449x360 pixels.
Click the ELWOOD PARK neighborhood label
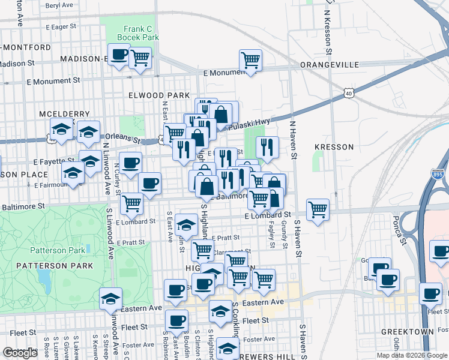point(151,95)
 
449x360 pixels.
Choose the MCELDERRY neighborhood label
point(64,114)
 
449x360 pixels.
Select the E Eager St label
point(61,26)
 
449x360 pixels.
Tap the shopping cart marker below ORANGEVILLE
point(250,59)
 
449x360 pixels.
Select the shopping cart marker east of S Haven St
point(318,209)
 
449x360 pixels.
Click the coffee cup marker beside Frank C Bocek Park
point(119,55)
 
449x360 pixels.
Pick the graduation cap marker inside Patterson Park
point(111,298)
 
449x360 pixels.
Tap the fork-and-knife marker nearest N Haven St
point(267,146)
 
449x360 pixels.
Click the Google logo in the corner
point(20,353)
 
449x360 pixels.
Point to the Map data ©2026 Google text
point(411,355)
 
